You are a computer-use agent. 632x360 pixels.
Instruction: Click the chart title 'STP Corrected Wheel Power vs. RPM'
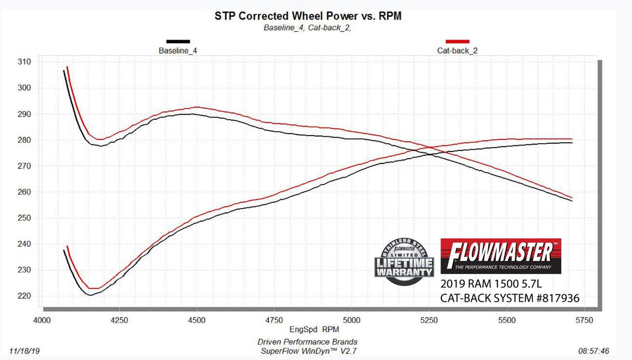click(308, 16)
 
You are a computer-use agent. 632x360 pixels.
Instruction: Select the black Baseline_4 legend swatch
click(178, 41)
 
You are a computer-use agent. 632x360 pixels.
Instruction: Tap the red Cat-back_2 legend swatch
click(458, 41)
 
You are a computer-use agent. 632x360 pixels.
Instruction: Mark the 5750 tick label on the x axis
click(584, 320)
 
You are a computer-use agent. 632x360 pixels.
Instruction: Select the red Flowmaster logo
click(501, 255)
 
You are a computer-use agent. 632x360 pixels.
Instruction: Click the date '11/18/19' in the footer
click(24, 351)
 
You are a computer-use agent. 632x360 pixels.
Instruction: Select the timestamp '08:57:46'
click(594, 351)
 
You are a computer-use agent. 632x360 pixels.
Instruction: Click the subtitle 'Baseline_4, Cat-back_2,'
click(308, 28)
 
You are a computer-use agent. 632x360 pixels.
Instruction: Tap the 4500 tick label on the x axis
click(197, 320)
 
